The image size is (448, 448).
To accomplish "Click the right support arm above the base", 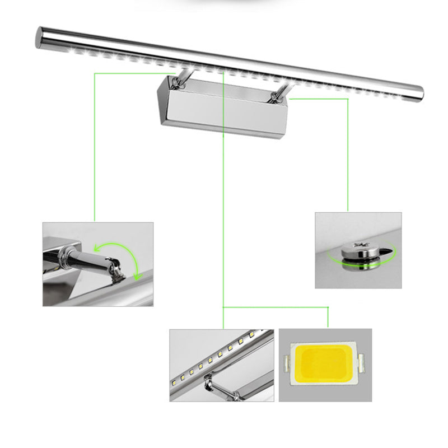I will [278, 94].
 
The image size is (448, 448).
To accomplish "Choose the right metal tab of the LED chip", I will [362, 365].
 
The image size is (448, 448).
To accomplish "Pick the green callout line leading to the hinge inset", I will [95, 146].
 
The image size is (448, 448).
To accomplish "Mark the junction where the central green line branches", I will [224, 307].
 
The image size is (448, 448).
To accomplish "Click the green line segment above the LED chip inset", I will [327, 316].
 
